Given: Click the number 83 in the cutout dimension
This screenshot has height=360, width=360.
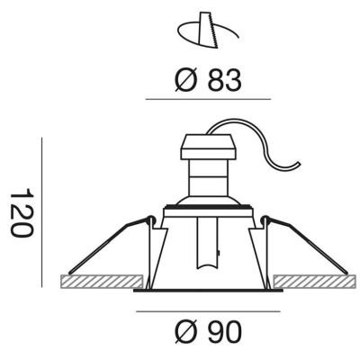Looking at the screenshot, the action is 225,80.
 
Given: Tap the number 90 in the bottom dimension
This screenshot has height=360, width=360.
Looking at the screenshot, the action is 225,332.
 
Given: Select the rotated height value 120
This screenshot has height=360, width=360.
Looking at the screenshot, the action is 21,212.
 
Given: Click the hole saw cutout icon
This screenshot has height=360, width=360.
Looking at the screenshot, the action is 208,30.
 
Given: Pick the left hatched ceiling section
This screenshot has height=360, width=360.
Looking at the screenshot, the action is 102,282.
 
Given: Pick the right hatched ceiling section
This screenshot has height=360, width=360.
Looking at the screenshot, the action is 315,282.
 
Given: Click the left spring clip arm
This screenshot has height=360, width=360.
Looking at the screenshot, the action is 108,245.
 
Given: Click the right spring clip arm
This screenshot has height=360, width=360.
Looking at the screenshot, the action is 307,245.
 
